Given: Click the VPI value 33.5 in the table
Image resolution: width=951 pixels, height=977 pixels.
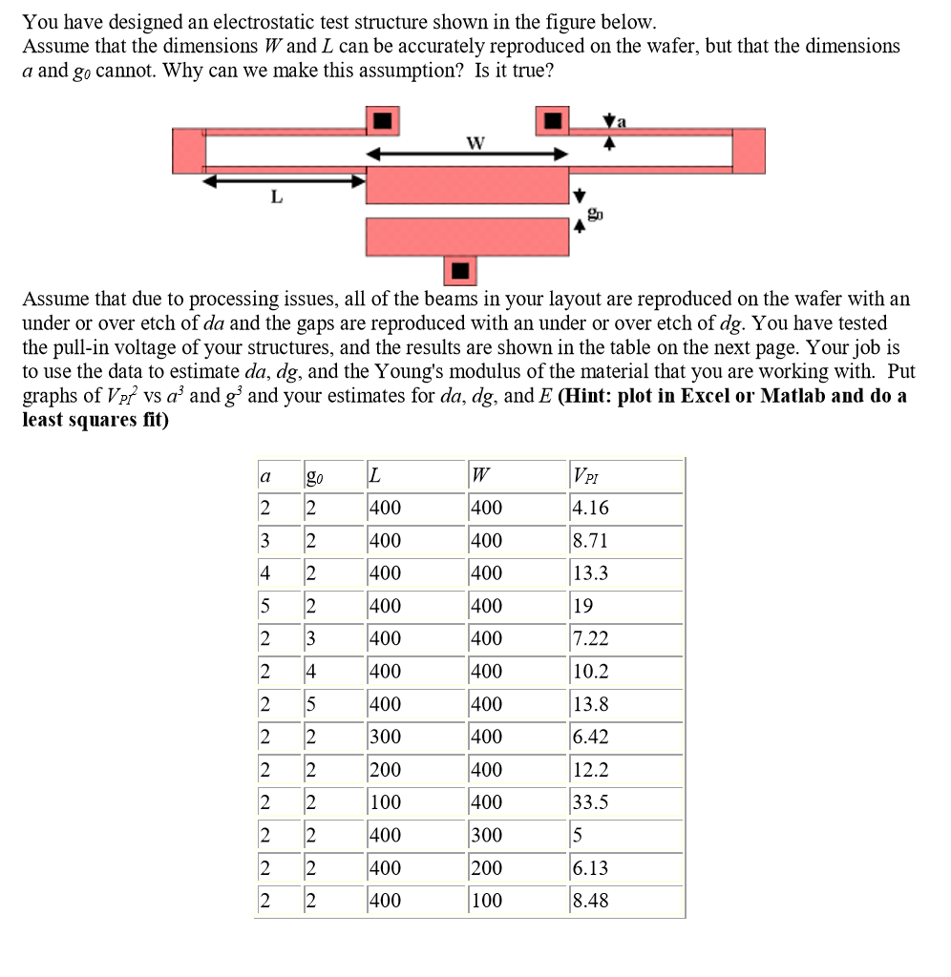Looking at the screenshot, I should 589,802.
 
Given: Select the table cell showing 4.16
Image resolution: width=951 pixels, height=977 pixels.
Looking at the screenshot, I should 589,509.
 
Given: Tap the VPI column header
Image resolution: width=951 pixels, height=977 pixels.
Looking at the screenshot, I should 582,476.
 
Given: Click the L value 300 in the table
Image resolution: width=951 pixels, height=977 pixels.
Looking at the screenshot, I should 386,738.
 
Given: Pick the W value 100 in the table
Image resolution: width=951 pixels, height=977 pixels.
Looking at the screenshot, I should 486,901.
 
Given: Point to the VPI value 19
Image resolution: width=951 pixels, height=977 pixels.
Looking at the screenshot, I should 582,606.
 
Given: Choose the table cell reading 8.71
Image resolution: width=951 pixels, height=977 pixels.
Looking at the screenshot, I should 589,541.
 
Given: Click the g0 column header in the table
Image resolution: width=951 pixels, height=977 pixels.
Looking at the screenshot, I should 313,476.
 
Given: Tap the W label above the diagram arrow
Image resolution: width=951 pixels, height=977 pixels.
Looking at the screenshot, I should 475,143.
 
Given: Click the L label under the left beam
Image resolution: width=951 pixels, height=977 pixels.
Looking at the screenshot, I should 277,197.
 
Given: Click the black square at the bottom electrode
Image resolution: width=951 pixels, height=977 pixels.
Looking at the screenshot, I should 462,270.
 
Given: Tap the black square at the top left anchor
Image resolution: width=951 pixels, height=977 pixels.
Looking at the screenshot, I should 383,120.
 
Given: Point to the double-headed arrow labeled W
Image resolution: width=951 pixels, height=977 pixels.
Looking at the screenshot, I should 468,155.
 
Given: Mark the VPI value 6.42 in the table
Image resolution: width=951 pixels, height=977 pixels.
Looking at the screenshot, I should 589,738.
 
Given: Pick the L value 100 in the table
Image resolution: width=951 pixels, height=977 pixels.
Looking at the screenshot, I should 386,802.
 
